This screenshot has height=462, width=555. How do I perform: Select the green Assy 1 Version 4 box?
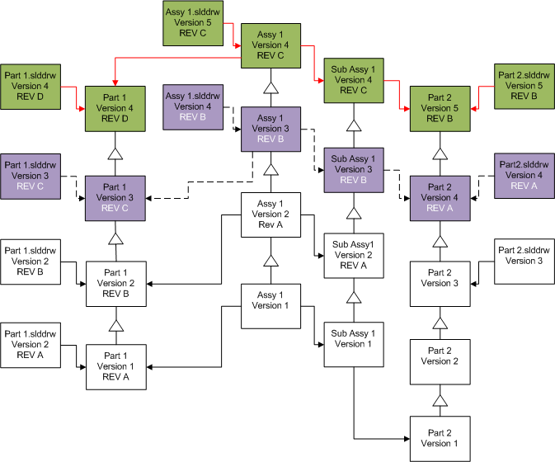270,45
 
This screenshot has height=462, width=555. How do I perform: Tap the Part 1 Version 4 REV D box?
115,108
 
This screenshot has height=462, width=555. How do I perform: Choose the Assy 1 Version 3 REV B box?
270,129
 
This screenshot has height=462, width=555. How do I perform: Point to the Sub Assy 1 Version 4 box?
354,80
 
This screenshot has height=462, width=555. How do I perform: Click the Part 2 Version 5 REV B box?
440,108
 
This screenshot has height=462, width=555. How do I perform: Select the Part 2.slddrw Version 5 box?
524,86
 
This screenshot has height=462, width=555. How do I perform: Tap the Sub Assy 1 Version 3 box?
354,170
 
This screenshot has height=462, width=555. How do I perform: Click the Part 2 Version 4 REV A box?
440,198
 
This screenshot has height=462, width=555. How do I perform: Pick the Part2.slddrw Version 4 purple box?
524,175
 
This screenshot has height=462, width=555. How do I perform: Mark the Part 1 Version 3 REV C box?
115,198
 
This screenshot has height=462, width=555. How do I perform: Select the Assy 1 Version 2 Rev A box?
270,214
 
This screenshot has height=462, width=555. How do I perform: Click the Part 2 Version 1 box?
440,438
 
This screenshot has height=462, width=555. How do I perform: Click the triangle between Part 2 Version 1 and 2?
440,401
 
